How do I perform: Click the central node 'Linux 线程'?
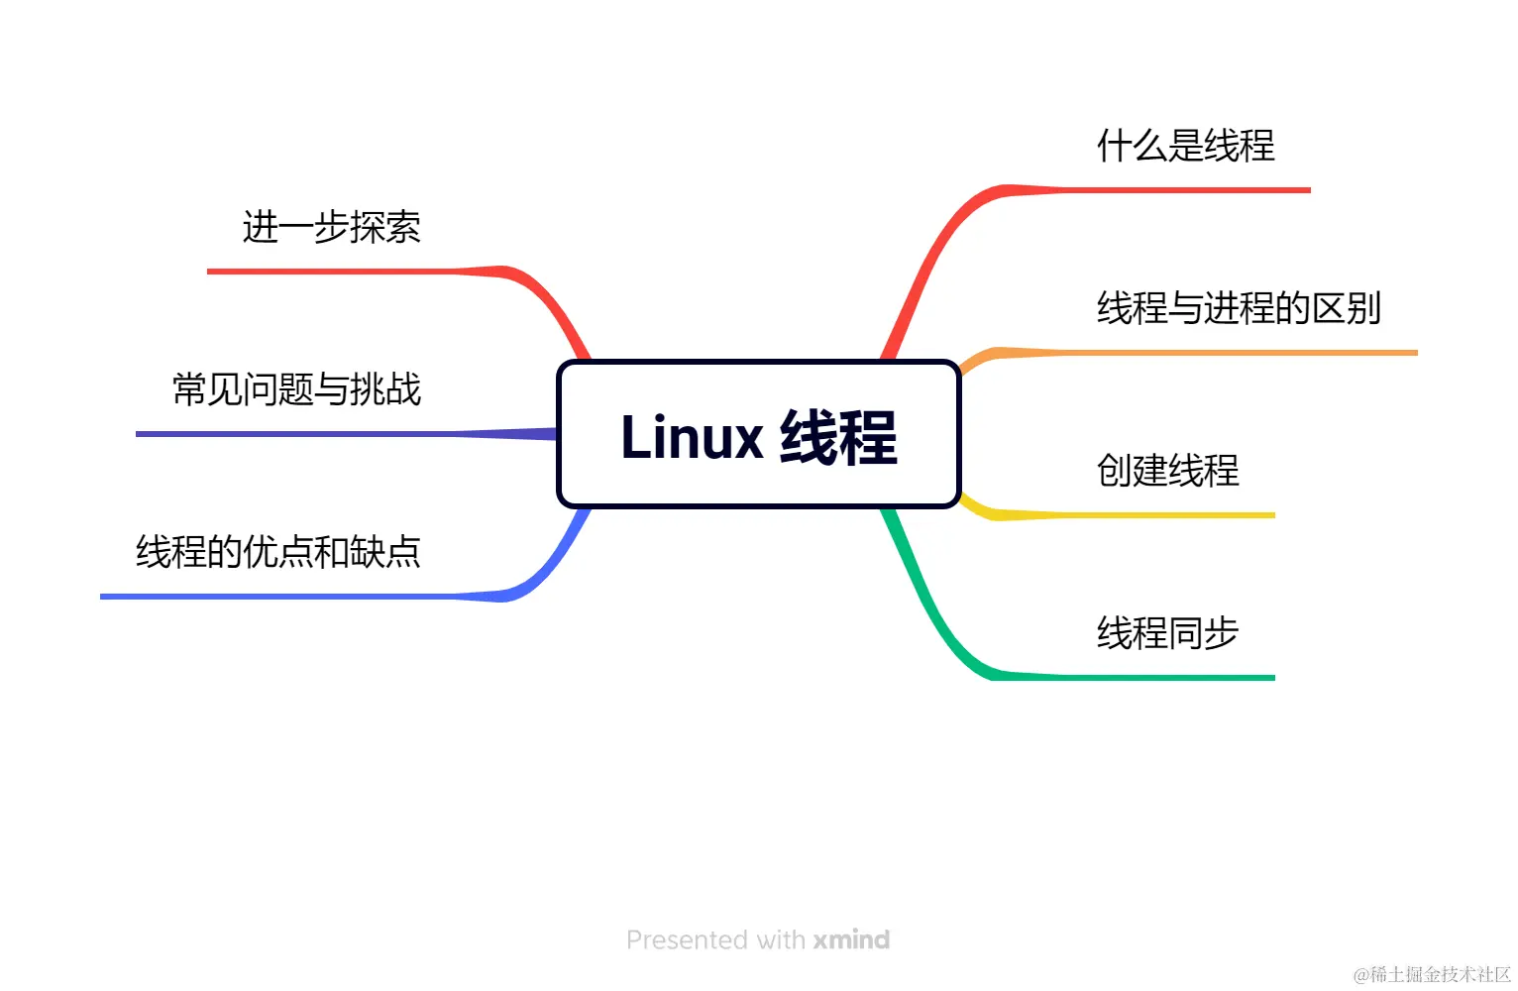(759, 435)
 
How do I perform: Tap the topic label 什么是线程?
(1185, 146)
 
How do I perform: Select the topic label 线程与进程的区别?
(1239, 308)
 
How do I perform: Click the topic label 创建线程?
(1167, 471)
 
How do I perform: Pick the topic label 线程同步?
(1167, 633)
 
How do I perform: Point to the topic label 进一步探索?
(331, 227)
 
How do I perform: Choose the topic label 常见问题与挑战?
(296, 389)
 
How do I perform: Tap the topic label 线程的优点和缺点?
(278, 552)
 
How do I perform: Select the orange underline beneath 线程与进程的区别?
(1239, 353)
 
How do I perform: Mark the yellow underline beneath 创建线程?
(1169, 515)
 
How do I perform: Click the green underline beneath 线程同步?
(1169, 678)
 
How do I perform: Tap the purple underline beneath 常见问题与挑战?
(297, 434)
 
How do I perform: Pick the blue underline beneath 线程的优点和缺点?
(278, 597)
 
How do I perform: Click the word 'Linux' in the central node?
(692, 437)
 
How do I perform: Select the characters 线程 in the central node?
(838, 437)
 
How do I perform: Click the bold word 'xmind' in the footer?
(851, 939)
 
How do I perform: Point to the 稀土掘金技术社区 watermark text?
(1440, 974)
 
